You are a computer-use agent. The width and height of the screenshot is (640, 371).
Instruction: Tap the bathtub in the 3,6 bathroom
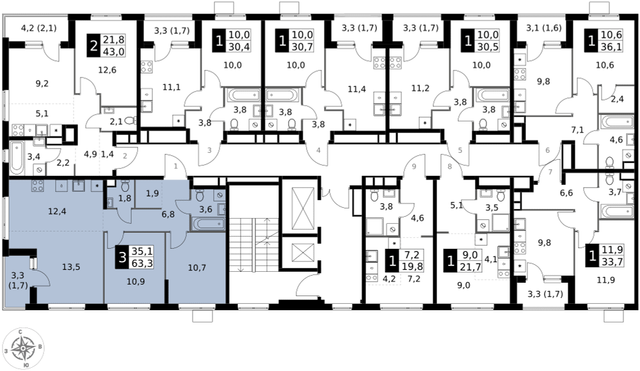[209, 224]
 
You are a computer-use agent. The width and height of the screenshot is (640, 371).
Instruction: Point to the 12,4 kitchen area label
[56, 211]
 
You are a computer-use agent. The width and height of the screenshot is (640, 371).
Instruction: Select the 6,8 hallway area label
[168, 214]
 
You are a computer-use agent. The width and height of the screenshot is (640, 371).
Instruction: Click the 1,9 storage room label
[152, 194]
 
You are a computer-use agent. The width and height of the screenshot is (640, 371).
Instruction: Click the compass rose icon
[23, 349]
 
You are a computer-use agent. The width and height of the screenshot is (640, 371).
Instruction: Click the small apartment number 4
[318, 150]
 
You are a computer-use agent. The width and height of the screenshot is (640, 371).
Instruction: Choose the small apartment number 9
[414, 166]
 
